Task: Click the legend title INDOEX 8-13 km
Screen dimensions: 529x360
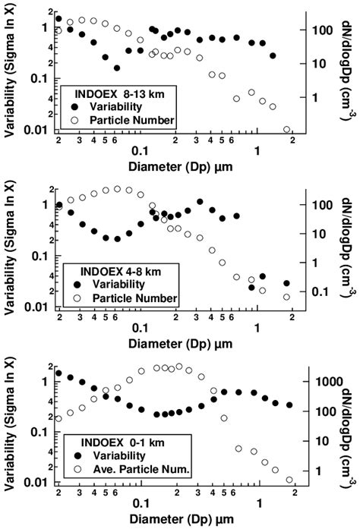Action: [x=115, y=93]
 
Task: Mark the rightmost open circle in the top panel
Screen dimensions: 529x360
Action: [x=286, y=130]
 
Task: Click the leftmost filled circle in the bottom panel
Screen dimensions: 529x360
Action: [x=58, y=373]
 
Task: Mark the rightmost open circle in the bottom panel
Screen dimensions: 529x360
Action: [x=289, y=480]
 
